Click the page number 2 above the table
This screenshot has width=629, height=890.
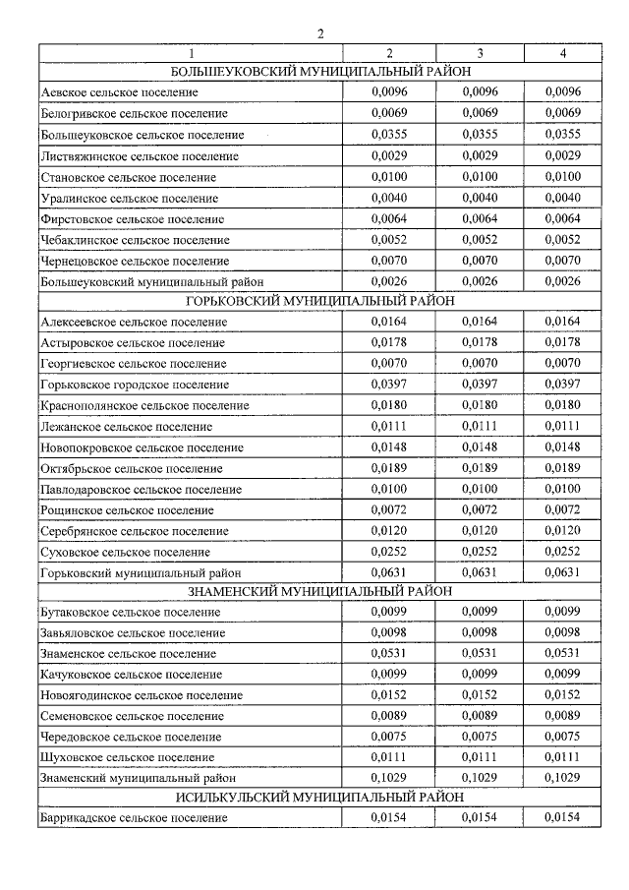point(319,34)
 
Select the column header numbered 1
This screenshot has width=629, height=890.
point(192,53)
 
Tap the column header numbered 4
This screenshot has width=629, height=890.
point(562,53)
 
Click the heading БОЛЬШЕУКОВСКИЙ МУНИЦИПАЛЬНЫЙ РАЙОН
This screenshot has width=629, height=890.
point(319,72)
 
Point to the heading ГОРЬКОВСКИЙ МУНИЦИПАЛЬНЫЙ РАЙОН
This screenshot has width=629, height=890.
point(319,302)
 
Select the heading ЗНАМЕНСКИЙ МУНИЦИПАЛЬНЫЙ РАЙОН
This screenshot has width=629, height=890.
point(319,591)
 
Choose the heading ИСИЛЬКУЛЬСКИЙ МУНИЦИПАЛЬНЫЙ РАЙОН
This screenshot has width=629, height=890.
point(319,797)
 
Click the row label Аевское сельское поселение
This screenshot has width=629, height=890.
point(119,92)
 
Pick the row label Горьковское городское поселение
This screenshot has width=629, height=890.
point(135,385)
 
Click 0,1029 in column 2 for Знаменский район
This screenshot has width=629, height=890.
point(389,777)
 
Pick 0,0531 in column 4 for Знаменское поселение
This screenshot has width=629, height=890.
point(562,653)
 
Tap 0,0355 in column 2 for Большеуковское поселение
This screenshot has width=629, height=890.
point(389,134)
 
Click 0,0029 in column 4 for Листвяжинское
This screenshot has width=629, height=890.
point(562,155)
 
